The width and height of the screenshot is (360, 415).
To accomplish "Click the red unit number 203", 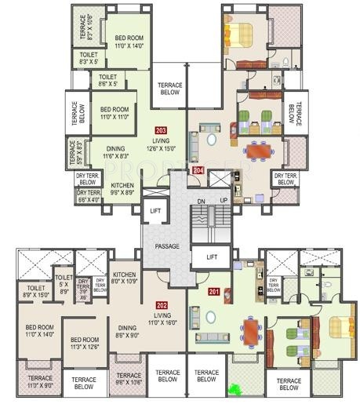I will pos(161,129).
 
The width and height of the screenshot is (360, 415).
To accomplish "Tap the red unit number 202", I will pos(162,304).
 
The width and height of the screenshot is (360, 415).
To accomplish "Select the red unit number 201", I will pos(213,293).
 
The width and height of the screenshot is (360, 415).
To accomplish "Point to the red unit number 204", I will pos(198,169).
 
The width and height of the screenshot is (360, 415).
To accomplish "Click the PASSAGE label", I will pos(167,246).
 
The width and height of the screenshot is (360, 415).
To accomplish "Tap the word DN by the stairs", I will pos(201,202).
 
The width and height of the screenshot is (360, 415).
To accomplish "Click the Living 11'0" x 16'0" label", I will pos(161,318).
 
